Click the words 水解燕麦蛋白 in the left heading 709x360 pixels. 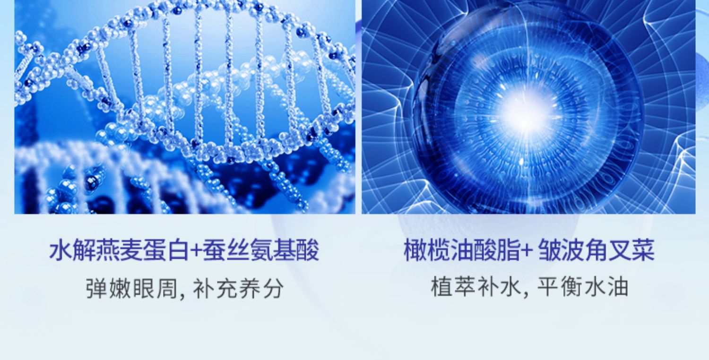click(119, 251)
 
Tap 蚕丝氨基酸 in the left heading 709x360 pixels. click(261, 251)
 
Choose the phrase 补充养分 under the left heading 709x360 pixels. click(238, 288)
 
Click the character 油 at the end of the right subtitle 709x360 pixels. click(617, 287)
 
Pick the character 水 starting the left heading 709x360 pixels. click(61, 251)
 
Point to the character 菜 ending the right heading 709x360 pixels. click(643, 251)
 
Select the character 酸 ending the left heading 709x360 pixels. click(308, 251)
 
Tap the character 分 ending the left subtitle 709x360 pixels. click(273, 288)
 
